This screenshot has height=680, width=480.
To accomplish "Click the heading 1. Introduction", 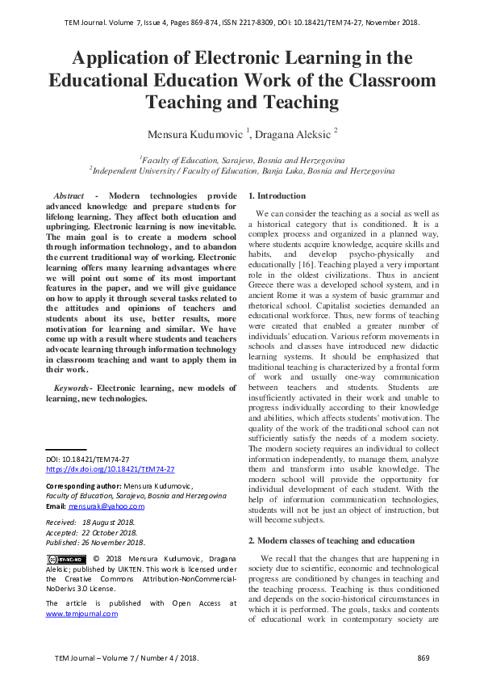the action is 277,196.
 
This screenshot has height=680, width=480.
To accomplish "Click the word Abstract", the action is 69,196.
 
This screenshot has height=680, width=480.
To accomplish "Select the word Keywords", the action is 68,388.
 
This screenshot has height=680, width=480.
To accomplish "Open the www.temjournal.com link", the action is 81,614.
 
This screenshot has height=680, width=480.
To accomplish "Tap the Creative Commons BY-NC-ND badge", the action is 66,559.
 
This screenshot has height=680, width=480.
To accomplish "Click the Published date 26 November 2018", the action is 121,543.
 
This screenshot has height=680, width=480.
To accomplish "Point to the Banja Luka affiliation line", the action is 242,170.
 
